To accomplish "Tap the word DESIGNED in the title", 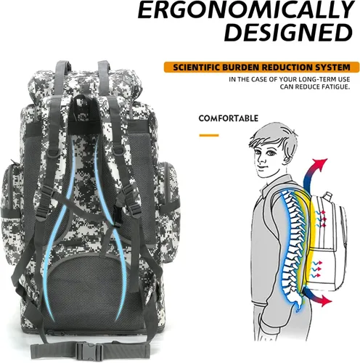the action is pos(288,33).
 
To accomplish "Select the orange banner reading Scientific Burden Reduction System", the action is pos(261,68).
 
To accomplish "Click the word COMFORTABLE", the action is pos(229,118).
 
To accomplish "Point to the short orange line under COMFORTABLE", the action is pos(209,135).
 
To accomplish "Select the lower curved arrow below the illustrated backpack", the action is pos(317,296).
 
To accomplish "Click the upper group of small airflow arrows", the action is pos(319,217).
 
